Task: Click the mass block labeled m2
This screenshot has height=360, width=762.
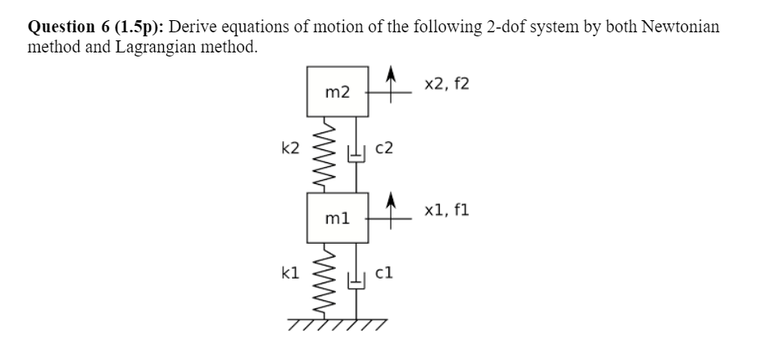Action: tap(338, 92)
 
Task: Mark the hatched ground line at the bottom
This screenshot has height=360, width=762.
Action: tap(338, 324)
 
